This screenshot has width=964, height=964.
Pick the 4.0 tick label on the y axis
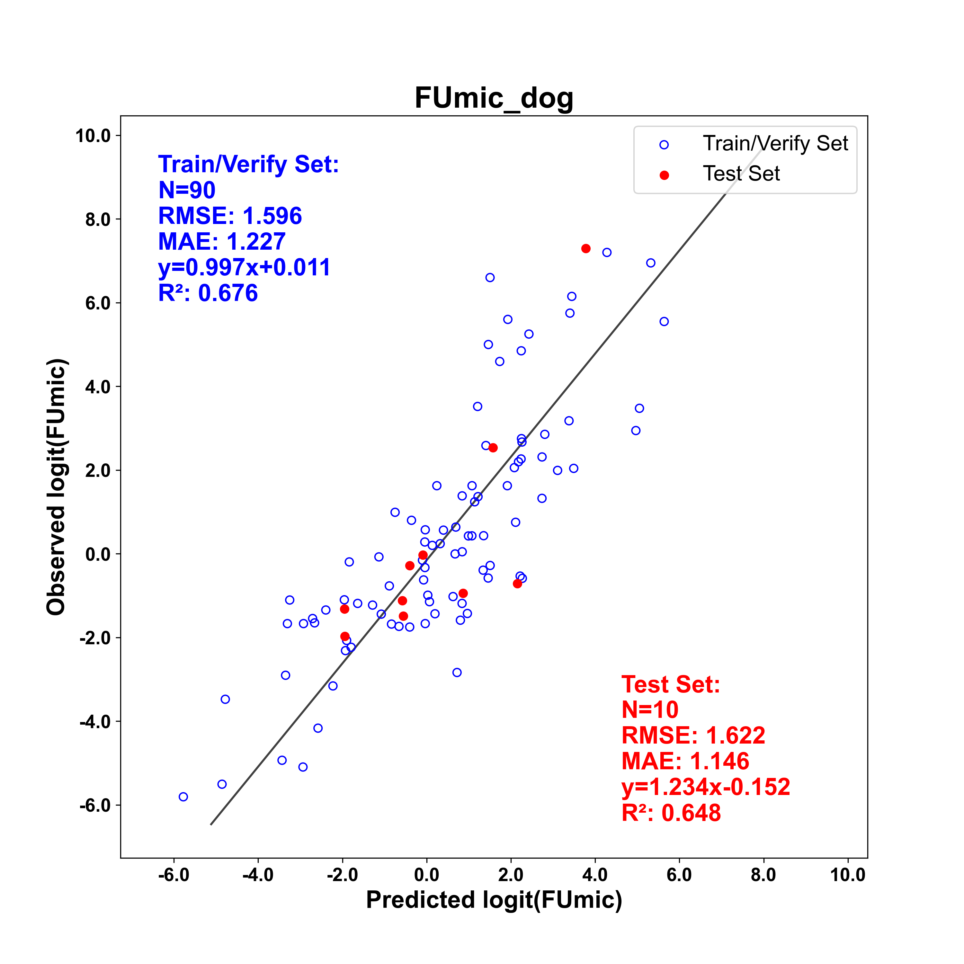(98, 387)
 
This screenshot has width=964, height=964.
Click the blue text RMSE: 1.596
(230, 216)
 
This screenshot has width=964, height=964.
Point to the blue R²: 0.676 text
(208, 293)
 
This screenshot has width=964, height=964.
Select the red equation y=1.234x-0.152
(706, 787)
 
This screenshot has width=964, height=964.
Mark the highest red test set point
(586, 248)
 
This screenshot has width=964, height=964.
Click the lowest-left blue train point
(183, 797)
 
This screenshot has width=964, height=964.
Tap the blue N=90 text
(187, 190)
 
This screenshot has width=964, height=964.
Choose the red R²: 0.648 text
(672, 813)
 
